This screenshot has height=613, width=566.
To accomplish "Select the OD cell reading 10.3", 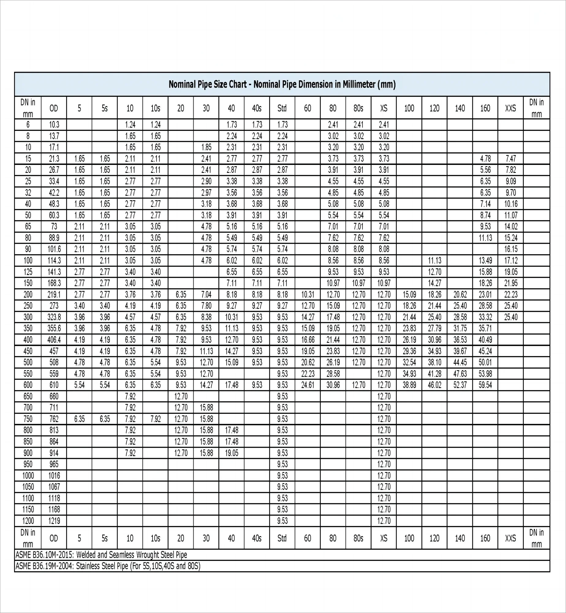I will (54, 125).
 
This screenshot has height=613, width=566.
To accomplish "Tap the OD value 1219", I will (54, 521).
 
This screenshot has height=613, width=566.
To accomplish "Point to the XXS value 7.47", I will (511, 159).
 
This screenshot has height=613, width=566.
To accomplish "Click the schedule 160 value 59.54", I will (485, 385).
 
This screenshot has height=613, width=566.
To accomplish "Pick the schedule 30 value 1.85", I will (206, 147).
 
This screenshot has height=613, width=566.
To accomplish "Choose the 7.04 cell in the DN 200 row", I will (206, 295).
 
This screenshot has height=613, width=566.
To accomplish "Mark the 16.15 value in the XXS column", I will (511, 249).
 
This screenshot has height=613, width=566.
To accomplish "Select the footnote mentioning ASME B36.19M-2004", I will (108, 566).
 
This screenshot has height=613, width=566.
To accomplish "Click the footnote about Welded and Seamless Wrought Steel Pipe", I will (101, 555).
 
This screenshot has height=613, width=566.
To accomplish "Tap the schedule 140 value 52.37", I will (460, 385).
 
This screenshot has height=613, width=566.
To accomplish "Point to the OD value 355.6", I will (54, 329).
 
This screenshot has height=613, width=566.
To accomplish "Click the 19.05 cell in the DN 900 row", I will (232, 453).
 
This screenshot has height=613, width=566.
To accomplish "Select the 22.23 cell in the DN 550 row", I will (308, 374).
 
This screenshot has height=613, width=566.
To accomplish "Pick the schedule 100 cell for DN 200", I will (409, 295).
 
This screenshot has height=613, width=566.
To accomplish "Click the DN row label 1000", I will (28, 476).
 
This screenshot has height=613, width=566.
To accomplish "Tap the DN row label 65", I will (28, 227).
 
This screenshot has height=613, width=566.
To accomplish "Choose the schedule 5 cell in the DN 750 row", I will (79, 419).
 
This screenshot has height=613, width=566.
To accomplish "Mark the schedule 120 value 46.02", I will (434, 385).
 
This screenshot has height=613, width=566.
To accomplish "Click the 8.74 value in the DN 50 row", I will (485, 215).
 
